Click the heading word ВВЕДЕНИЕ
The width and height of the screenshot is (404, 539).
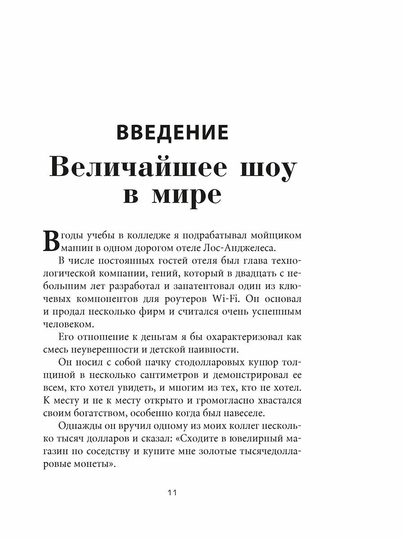(x=172, y=133)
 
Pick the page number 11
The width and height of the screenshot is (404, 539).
(x=172, y=492)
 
